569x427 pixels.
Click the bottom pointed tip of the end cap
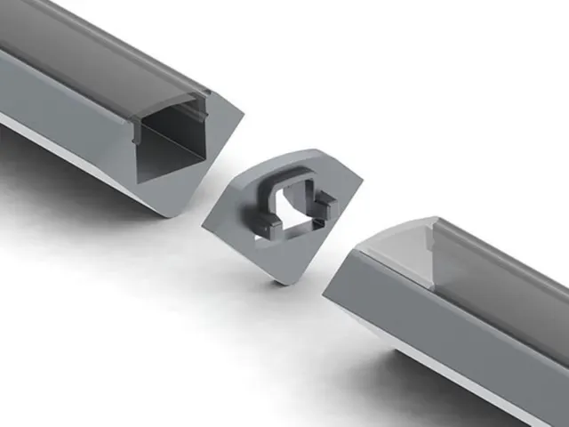coord(283,281)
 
